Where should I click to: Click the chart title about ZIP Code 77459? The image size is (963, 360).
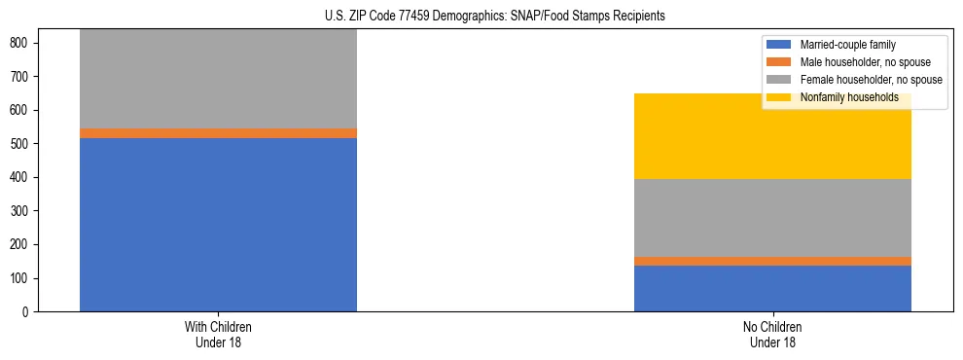(495, 17)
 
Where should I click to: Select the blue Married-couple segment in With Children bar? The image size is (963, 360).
(218, 225)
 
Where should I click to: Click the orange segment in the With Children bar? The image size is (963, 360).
(218, 133)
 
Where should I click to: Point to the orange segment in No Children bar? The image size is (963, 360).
(772, 261)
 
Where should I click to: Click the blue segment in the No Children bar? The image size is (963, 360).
(772, 288)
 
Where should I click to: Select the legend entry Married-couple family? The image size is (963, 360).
(847, 45)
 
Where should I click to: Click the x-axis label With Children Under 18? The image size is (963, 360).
(218, 335)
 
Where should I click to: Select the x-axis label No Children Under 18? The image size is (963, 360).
(772, 335)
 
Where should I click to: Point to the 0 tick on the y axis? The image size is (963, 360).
(25, 312)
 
